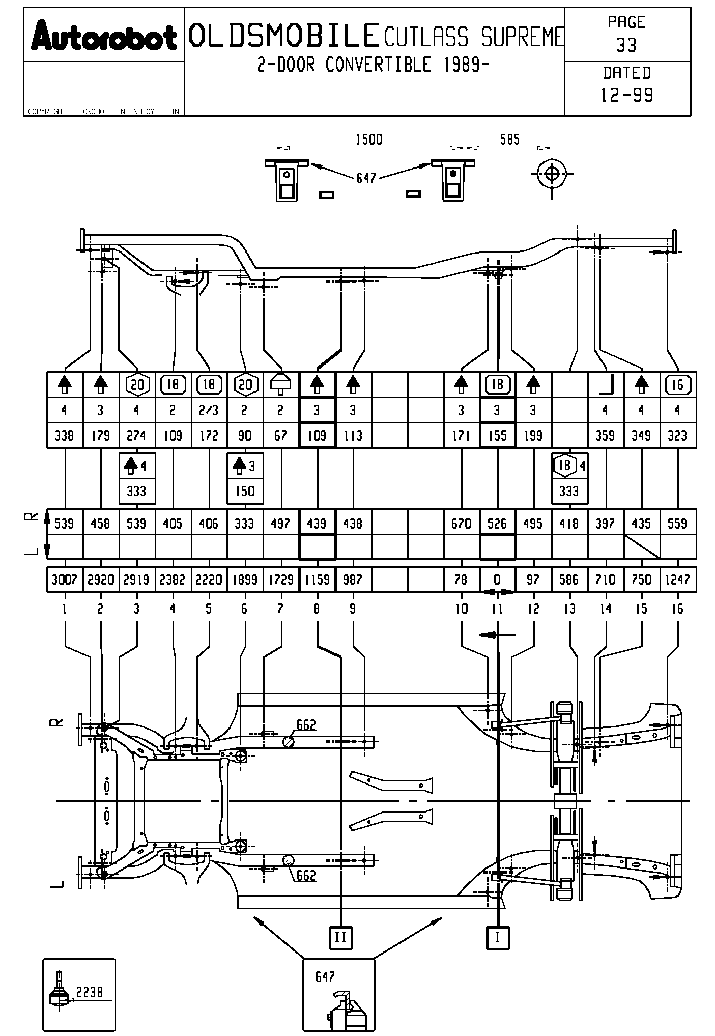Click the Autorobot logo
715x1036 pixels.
pos(103,36)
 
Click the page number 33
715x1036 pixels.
pos(626,45)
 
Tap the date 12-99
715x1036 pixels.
pos(627,95)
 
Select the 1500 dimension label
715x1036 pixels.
pos(369,139)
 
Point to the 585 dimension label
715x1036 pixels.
pos(509,139)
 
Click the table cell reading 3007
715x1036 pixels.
pos(64,579)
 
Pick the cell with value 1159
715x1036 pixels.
pos(317,579)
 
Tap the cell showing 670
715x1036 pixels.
pos(461,523)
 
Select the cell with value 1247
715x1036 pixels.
pos(677,579)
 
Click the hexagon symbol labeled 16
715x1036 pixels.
pos(677,384)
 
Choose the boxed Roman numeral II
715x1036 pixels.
pos(340,937)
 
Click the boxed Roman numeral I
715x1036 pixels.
pos(497,937)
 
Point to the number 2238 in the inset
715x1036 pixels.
pos(90,991)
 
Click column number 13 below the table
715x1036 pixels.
pos(569,609)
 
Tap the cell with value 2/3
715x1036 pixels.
pos(209,410)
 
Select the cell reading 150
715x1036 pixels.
pos(245,491)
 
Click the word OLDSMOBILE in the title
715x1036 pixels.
pos(284,36)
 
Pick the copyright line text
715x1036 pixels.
pos(92,111)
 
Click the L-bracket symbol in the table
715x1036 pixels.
pos(606,384)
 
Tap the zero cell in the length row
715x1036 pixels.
pos(497,579)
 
